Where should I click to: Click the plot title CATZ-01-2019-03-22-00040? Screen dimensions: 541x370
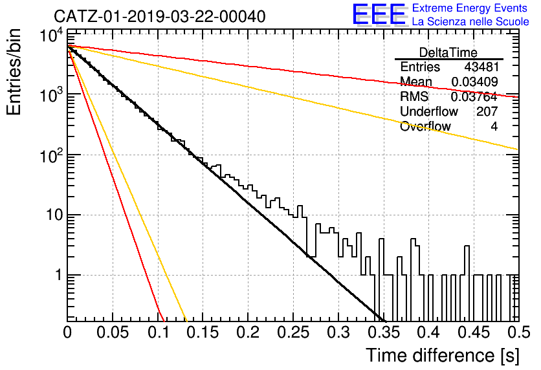click(160, 17)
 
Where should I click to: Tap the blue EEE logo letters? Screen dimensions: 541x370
click(379, 14)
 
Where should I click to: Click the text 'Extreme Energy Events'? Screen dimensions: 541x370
click(470, 8)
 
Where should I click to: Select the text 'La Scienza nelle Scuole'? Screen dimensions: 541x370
click(470, 22)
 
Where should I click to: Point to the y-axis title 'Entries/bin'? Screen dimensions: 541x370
click(14, 72)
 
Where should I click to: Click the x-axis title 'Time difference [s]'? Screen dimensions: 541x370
click(443, 356)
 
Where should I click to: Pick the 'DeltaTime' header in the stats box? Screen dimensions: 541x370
click(448, 52)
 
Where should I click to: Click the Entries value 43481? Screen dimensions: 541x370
click(481, 67)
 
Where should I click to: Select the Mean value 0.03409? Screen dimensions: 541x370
click(474, 82)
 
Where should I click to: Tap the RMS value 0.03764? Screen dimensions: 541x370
click(474, 97)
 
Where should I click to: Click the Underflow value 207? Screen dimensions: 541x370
click(487, 111)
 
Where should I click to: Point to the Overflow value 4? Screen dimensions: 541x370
click(494, 126)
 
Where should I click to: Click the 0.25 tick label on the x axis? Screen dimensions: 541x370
click(293, 332)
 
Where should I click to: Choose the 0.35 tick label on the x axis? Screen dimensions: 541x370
click(384, 332)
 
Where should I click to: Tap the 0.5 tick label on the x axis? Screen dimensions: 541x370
click(518, 332)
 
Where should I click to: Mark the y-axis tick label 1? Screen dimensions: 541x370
click(58, 275)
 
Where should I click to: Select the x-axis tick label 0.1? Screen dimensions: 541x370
click(157, 332)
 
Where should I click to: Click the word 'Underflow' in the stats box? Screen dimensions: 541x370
click(429, 111)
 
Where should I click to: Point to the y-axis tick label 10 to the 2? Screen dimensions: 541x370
click(51, 155)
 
